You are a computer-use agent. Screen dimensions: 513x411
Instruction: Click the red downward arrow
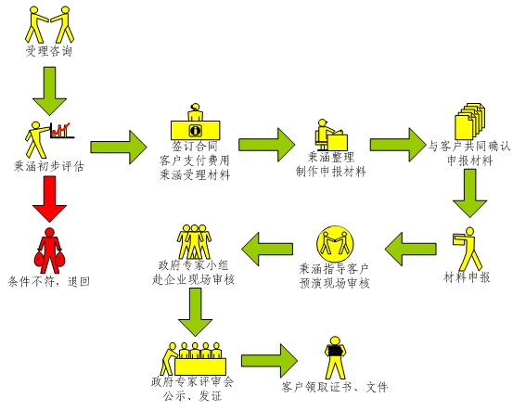[x=49, y=199]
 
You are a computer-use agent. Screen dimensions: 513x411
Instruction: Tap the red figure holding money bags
[x=50, y=250]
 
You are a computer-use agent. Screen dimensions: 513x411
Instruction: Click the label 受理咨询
[x=49, y=51]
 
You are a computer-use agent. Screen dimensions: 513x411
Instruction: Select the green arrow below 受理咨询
[x=49, y=91]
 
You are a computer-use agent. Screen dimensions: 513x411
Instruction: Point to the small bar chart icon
[x=62, y=130]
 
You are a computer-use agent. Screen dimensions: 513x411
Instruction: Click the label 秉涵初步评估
[x=49, y=166]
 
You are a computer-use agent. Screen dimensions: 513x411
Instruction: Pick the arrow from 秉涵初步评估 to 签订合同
[x=119, y=148]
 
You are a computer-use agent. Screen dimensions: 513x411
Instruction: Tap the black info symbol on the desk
[x=196, y=130]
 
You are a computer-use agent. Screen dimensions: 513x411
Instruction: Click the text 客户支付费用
[x=194, y=161]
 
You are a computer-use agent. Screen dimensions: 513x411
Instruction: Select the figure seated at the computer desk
[x=331, y=135]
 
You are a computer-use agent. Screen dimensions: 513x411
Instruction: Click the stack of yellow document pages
[x=469, y=122]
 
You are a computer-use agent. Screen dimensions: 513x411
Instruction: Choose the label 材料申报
[x=467, y=277]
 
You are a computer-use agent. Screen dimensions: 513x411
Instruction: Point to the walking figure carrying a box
[x=468, y=249]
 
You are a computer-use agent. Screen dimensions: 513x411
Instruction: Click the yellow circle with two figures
[x=335, y=243]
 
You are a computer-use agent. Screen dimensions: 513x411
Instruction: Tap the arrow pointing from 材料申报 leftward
[x=410, y=250]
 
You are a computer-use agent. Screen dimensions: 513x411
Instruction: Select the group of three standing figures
[x=194, y=242]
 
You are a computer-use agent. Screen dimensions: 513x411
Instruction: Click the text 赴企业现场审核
[x=193, y=280]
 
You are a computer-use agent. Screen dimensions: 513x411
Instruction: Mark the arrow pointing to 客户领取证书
[x=269, y=361]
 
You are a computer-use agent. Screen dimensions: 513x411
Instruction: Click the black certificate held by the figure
[x=335, y=350]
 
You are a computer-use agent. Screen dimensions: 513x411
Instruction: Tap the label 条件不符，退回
[x=49, y=281]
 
